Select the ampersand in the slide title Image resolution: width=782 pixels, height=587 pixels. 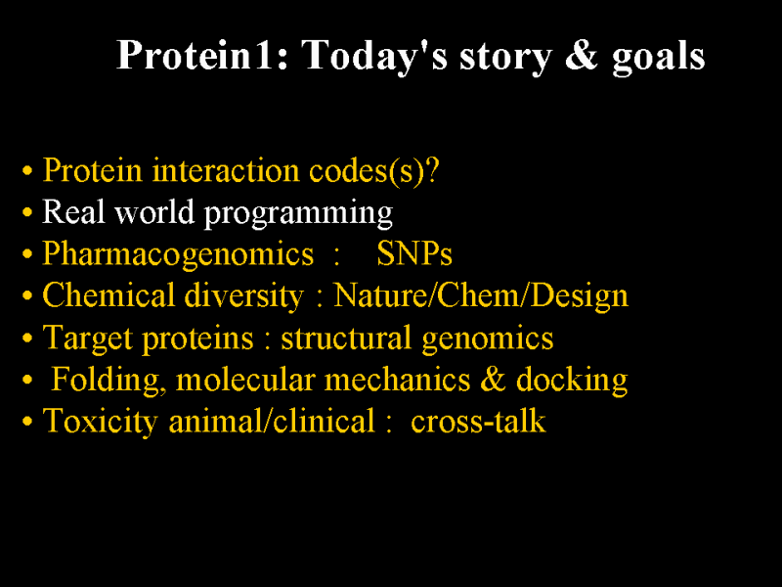tap(581, 55)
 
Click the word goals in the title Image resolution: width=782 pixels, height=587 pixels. tap(658, 58)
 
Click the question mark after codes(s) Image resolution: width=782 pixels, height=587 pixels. tap(432, 170)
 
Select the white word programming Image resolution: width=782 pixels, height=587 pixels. tap(298, 214)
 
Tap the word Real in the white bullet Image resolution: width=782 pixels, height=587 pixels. tap(73, 211)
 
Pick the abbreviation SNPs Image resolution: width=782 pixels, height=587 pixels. tap(414, 253)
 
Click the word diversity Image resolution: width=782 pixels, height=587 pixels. tap(243, 297)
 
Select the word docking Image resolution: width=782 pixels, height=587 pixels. tap(572, 381)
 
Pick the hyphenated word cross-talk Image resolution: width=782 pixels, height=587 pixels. tap(478, 421)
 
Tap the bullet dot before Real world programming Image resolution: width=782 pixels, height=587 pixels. tap(27, 212)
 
